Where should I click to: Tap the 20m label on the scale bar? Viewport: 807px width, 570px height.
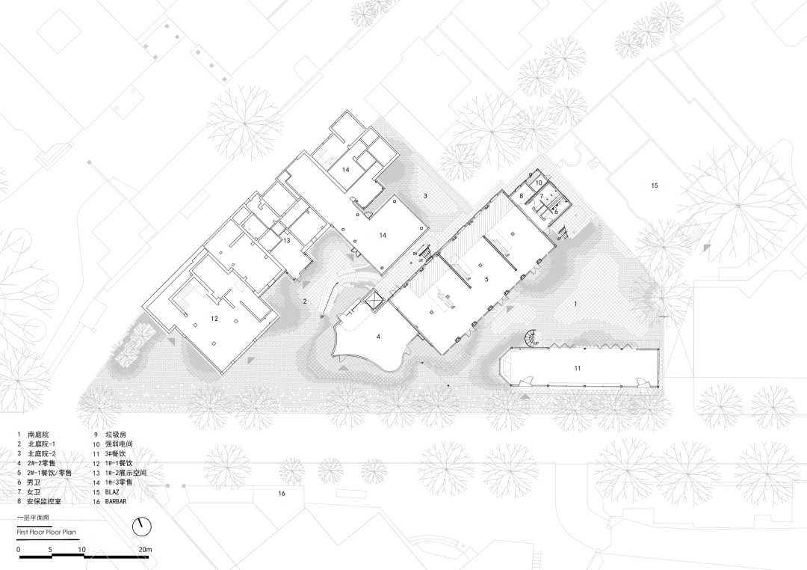point(146,549)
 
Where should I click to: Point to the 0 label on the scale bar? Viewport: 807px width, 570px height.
point(19,549)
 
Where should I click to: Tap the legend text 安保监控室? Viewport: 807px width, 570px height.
point(44,500)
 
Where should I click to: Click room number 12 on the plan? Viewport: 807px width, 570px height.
point(214,319)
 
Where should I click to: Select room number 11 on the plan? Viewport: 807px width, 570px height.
point(578,368)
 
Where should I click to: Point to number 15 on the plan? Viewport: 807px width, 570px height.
point(655,186)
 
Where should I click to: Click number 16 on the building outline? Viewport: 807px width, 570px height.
point(282,493)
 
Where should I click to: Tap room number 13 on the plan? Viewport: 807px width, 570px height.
point(287,241)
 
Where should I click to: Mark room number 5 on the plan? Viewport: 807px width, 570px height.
point(486,279)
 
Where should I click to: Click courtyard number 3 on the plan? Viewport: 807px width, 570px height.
point(425,196)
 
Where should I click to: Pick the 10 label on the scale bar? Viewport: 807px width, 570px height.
point(82,549)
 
